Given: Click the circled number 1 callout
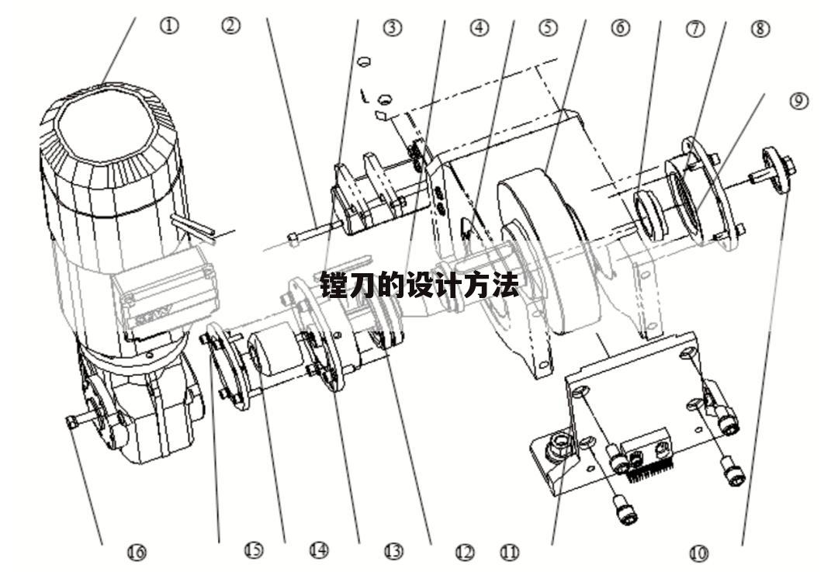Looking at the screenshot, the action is point(169,26).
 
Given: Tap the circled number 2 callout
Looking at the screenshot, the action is point(231,25).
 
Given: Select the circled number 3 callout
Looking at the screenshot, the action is point(393,27).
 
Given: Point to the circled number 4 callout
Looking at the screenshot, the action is point(480,27).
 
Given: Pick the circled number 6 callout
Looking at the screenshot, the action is point(620,27).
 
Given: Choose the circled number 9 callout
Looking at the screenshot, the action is point(798,100).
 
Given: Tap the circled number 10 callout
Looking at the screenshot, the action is point(698,553).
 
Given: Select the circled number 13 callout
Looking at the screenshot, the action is point(393,550).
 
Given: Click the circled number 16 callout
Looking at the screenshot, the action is point(137,552).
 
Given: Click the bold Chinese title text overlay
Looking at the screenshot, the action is point(420,285).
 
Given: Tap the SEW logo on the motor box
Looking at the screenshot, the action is point(153,315).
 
